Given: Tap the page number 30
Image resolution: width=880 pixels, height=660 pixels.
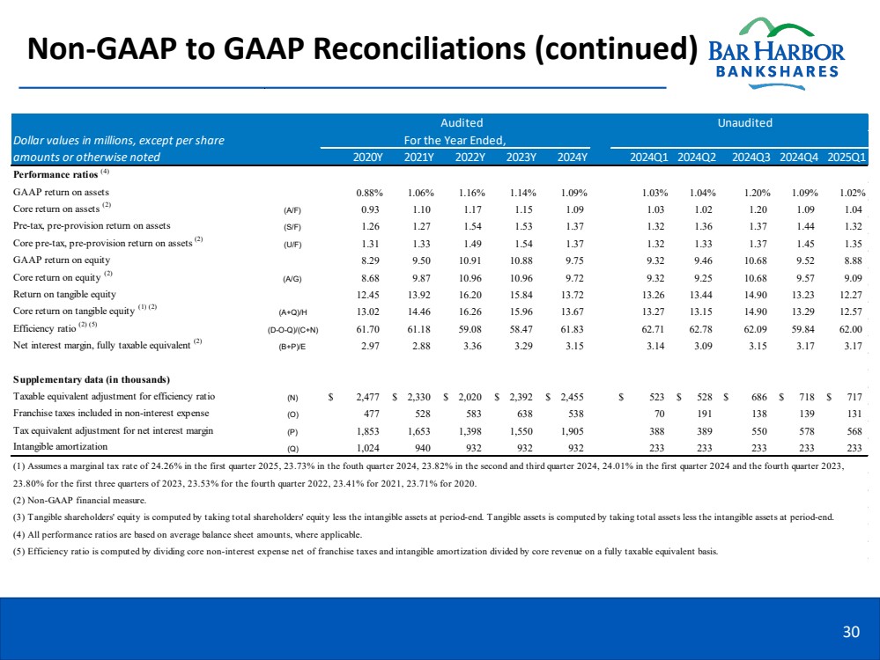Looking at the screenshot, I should pyautogui.click(x=851, y=631).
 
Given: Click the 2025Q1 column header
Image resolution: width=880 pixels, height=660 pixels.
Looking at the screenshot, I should pyautogui.click(x=848, y=158).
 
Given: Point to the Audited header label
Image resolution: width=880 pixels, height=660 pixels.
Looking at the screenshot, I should pyautogui.click(x=462, y=123).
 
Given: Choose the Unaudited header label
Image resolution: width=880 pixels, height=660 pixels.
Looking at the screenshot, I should pyautogui.click(x=744, y=123).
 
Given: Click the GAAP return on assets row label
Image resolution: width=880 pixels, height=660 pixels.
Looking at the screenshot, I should pyautogui.click(x=61, y=192).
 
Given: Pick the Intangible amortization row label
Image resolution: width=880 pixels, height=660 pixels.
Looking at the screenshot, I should pyautogui.click(x=55, y=447).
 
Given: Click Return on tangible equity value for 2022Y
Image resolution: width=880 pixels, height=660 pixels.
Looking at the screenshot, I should pyautogui.click(x=471, y=293).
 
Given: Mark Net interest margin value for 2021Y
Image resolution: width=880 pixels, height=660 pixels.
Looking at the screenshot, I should pyautogui.click(x=419, y=344).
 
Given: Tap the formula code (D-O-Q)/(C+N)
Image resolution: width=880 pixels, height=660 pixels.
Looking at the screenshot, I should pyautogui.click(x=292, y=328).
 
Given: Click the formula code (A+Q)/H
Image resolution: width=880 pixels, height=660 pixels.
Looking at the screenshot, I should pyautogui.click(x=292, y=311).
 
